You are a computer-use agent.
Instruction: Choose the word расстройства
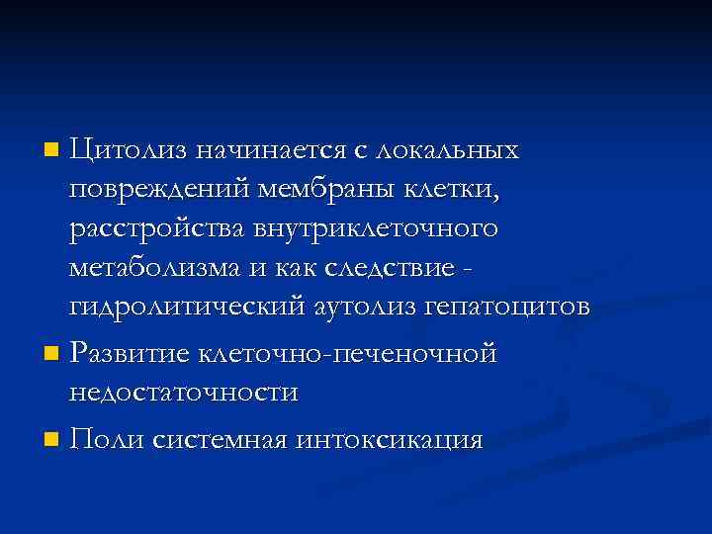[148, 228]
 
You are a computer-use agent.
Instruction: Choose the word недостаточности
[183, 392]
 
